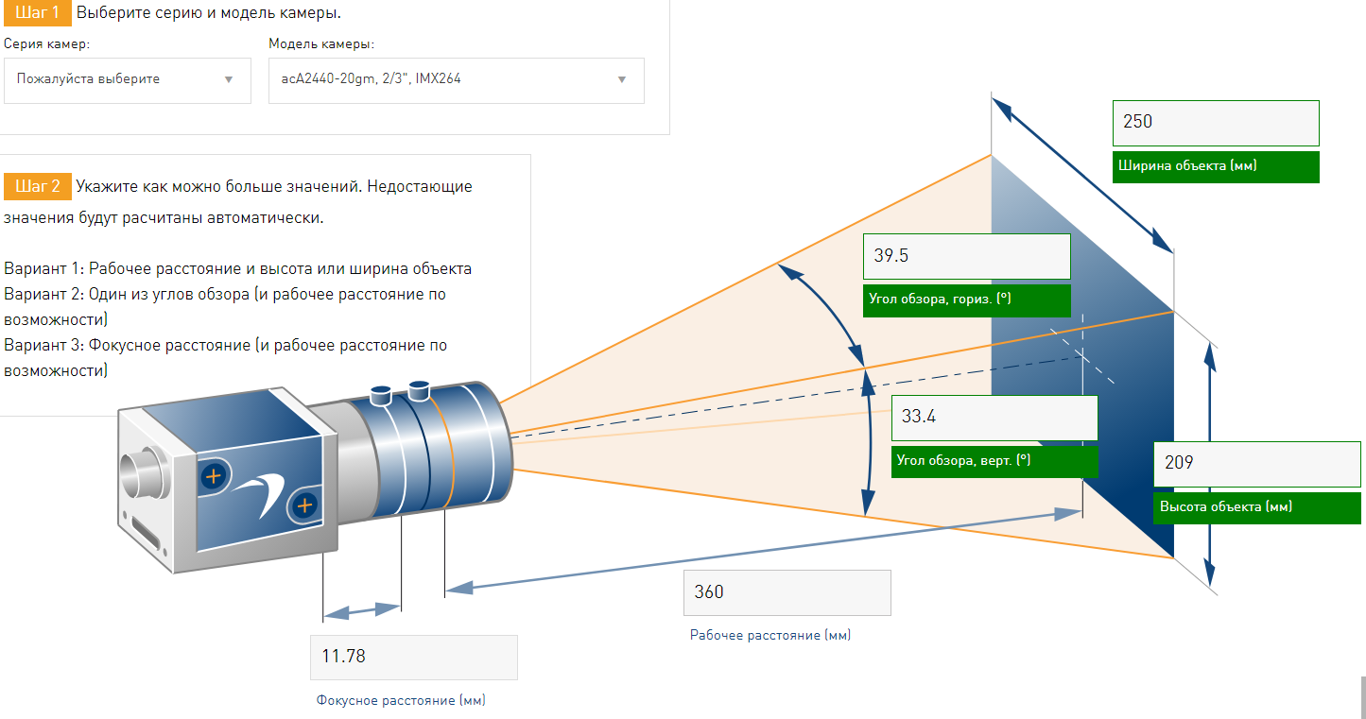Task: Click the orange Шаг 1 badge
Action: click(x=37, y=13)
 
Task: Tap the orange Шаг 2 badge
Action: click(x=37, y=186)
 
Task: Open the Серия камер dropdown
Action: click(x=128, y=80)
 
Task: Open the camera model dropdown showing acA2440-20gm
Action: click(x=457, y=80)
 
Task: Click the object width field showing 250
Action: click(x=1216, y=123)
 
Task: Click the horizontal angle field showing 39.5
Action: click(x=966, y=257)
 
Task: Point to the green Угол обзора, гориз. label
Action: click(x=966, y=300)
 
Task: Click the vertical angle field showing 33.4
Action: click(x=994, y=418)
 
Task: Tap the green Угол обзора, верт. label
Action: click(x=994, y=462)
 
